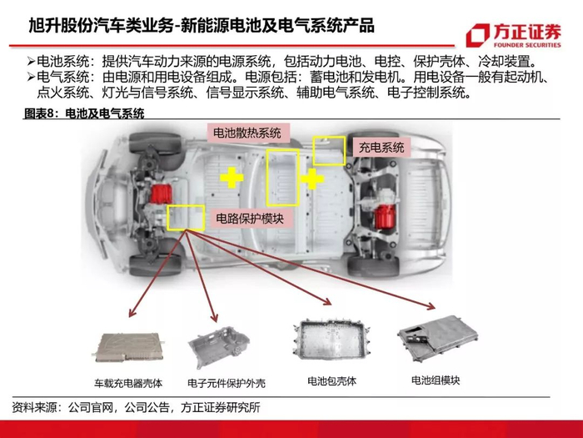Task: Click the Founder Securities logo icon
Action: click(478, 36)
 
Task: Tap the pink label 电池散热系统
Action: click(247, 133)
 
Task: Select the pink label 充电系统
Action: click(381, 147)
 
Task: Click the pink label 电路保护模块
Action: click(250, 219)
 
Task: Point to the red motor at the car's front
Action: click(161, 194)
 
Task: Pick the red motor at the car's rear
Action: click(386, 216)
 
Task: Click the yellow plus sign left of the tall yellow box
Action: click(232, 178)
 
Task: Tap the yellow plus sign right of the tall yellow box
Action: click(312, 179)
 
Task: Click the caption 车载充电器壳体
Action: click(128, 383)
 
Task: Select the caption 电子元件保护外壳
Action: click(227, 383)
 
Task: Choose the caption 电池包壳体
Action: click(332, 381)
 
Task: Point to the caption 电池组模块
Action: click(436, 380)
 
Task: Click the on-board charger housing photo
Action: click(128, 347)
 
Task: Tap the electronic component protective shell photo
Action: click(219, 347)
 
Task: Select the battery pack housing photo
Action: click(332, 339)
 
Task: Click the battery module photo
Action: click(438, 339)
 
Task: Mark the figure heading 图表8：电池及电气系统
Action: click(84, 113)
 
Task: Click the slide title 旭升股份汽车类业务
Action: click(101, 26)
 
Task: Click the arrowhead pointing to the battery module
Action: click(431, 306)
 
